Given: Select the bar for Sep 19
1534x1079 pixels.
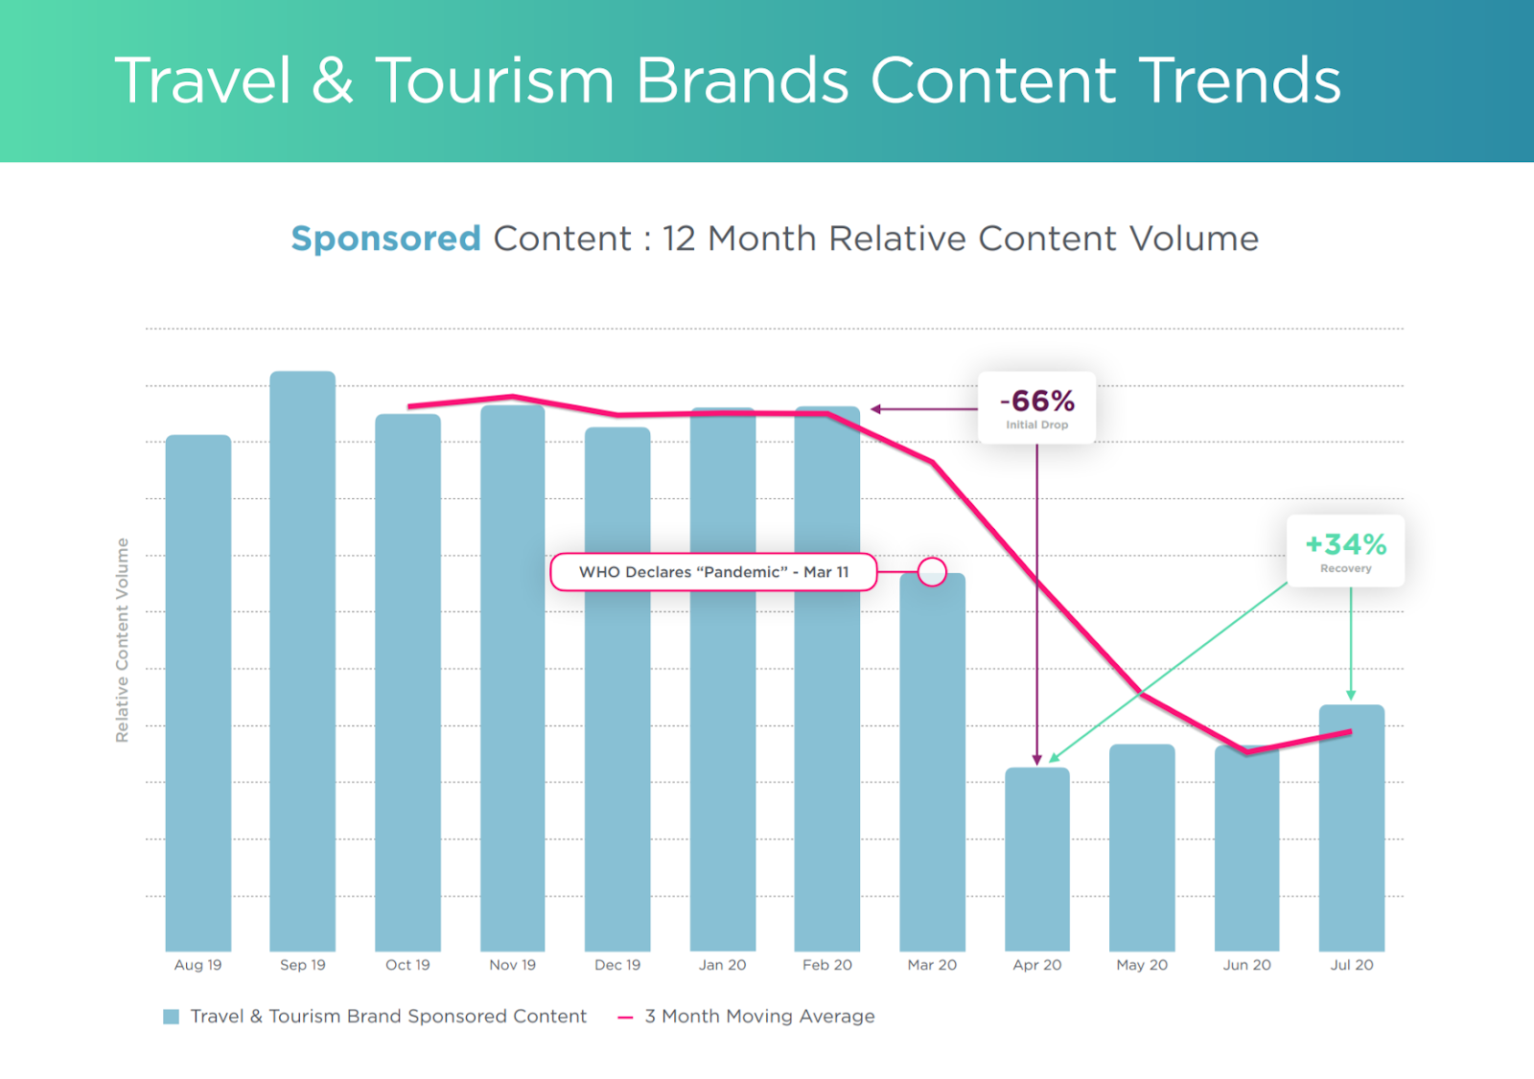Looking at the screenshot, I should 303,661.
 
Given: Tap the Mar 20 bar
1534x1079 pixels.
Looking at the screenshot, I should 932,767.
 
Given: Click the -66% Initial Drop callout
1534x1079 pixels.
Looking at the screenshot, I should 1036,407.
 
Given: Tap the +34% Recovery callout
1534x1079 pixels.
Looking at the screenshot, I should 1345,551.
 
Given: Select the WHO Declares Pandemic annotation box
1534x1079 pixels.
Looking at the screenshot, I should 713,572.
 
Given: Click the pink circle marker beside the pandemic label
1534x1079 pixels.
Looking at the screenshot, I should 932,572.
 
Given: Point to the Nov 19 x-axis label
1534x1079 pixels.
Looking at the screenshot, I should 513,965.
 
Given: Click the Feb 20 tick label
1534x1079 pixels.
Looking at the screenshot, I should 827,965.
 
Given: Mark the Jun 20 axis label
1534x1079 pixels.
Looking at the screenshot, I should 1246,965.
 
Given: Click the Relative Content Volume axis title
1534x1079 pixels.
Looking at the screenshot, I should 122,640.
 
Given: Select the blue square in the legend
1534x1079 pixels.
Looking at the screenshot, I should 172,1017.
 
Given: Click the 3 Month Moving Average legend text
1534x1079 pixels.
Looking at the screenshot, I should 759,1017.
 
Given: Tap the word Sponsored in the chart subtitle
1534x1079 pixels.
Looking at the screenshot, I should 385,239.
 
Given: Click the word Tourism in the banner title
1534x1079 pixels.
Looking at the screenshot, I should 495,80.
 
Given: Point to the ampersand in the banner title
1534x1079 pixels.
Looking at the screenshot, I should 333,80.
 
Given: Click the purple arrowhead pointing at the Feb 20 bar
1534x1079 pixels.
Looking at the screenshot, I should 875,409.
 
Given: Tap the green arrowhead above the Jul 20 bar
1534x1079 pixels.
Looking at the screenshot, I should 1351,694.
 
